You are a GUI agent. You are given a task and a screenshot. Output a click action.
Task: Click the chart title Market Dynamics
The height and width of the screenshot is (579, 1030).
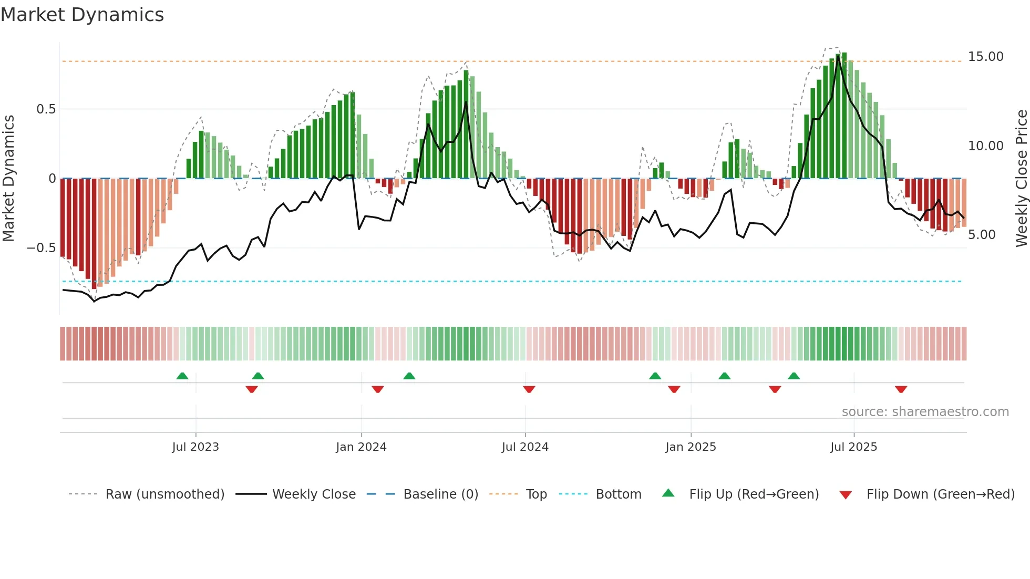[x=82, y=15]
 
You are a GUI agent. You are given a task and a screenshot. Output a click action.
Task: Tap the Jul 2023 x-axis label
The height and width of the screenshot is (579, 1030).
[x=195, y=447]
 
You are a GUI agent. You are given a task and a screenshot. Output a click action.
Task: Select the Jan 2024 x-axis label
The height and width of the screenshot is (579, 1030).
[x=361, y=447]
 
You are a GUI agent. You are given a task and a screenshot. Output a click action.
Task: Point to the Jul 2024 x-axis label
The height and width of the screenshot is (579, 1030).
[x=525, y=447]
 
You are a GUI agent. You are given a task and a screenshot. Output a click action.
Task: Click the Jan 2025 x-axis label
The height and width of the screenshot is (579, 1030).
[x=691, y=447]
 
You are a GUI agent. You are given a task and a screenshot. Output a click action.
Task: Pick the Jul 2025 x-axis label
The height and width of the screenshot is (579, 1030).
[x=853, y=447]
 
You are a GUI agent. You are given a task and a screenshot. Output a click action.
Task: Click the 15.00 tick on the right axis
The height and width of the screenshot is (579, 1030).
[x=985, y=57]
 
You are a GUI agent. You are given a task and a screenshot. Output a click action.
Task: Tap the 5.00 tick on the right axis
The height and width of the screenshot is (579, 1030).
[x=982, y=235]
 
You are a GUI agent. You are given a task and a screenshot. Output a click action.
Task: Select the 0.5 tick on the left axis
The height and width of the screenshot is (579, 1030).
[x=46, y=109]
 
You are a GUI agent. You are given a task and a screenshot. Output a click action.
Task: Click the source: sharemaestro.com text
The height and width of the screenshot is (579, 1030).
[x=925, y=412]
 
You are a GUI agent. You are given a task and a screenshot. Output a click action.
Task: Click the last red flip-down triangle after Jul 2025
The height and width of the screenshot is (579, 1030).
[x=901, y=389]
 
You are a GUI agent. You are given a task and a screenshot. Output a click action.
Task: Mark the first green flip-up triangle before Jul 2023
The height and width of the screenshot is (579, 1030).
[x=182, y=376]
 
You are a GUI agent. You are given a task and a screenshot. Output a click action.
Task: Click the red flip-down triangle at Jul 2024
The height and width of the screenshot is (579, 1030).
[x=529, y=389]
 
